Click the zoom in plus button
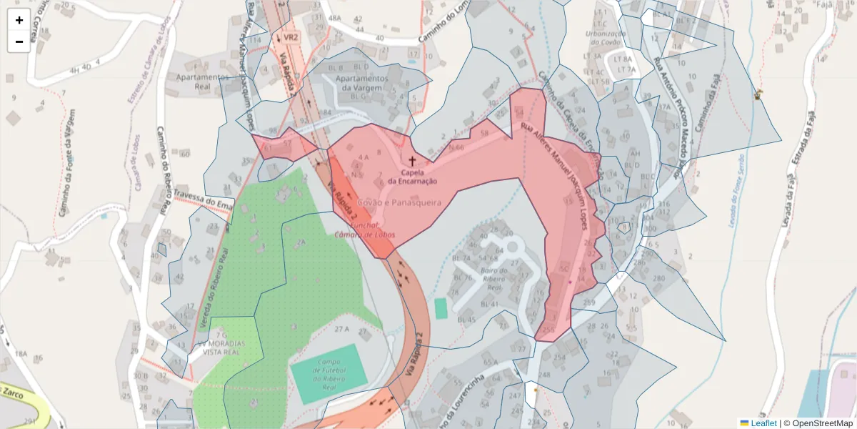[19, 20]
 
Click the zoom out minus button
[19, 41]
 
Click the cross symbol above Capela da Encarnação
[412, 162]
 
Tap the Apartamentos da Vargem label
[362, 83]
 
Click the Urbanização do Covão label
[602, 38]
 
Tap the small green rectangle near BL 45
[441, 308]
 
